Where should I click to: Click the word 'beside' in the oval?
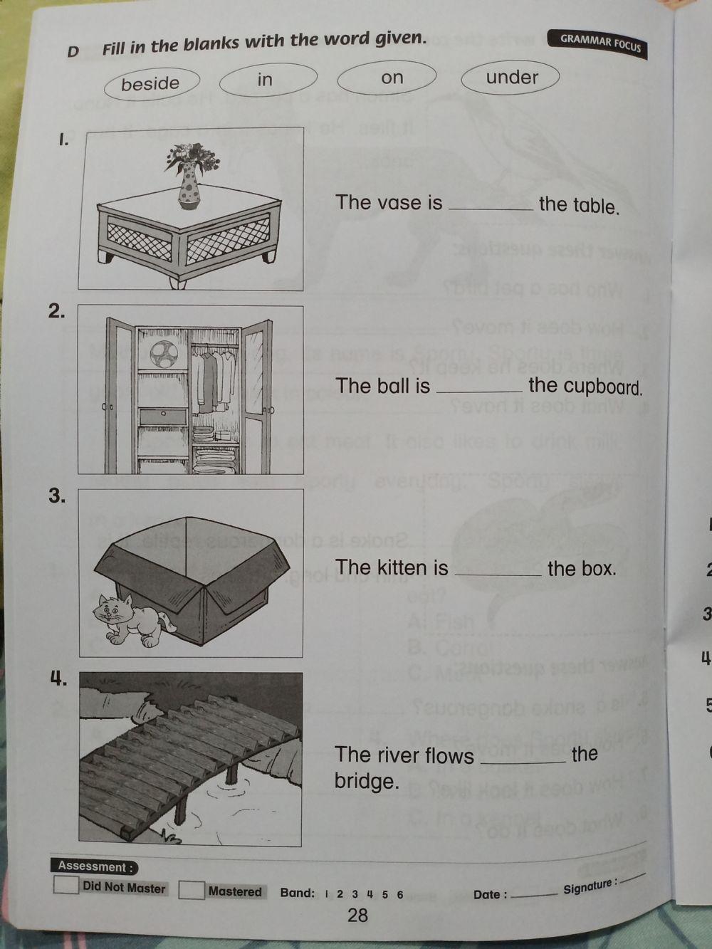[150, 84]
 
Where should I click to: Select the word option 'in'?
[265, 79]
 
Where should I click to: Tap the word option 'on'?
[392, 78]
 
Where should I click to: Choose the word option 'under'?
[512, 77]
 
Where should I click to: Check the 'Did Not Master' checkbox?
[66, 885]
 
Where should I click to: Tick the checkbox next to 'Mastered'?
[191, 890]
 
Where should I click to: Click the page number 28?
[357, 915]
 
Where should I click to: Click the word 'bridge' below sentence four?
[366, 782]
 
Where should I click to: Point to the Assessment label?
[93, 866]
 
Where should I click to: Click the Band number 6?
[400, 895]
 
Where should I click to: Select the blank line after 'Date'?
[535, 895]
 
